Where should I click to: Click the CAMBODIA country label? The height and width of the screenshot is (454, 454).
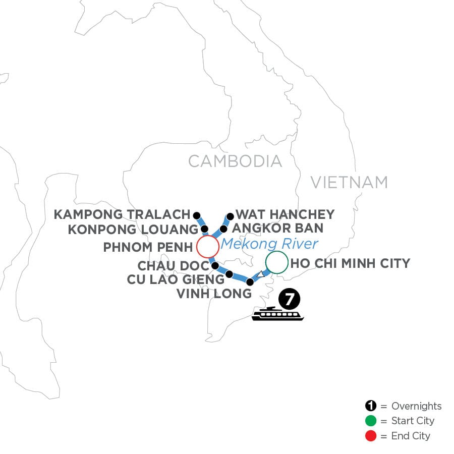pos(235,161)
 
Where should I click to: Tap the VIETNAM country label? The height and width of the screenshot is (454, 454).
pos(349,182)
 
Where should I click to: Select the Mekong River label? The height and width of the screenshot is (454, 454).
pos(270,244)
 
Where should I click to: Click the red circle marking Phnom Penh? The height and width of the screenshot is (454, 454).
pos(207,247)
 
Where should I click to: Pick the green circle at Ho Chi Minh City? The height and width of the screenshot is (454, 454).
pos(276,263)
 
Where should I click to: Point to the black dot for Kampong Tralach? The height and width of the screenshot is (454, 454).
pos(196,214)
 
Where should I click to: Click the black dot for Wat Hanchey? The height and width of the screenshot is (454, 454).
pos(230,216)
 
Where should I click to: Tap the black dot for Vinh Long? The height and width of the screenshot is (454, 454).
pos(249,282)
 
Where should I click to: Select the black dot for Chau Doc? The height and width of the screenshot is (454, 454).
pos(215,265)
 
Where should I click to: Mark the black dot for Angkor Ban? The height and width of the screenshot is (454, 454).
pos(223,229)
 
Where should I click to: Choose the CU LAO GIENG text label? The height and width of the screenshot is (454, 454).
pos(176,279)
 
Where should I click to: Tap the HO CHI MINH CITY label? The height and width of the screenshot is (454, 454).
pos(350,263)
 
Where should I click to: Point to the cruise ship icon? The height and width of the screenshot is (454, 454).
pos(278,314)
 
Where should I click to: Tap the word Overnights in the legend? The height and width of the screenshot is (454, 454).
pos(416,406)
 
